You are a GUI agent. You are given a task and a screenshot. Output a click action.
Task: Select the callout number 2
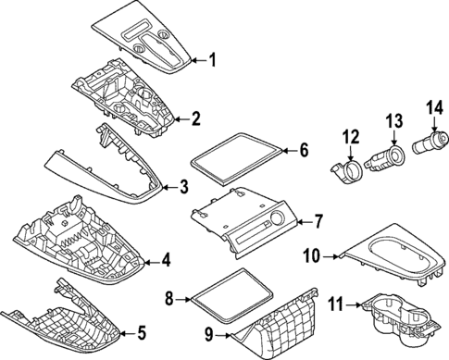[x=196, y=118]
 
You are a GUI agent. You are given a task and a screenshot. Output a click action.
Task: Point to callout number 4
[x=166, y=261]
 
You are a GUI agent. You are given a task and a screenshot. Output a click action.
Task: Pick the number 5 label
[x=141, y=333]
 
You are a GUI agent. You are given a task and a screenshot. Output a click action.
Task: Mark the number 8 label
[x=169, y=298]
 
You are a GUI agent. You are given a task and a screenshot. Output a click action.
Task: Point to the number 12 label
[x=350, y=138]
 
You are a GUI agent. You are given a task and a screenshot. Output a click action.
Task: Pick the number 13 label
[x=394, y=121]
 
